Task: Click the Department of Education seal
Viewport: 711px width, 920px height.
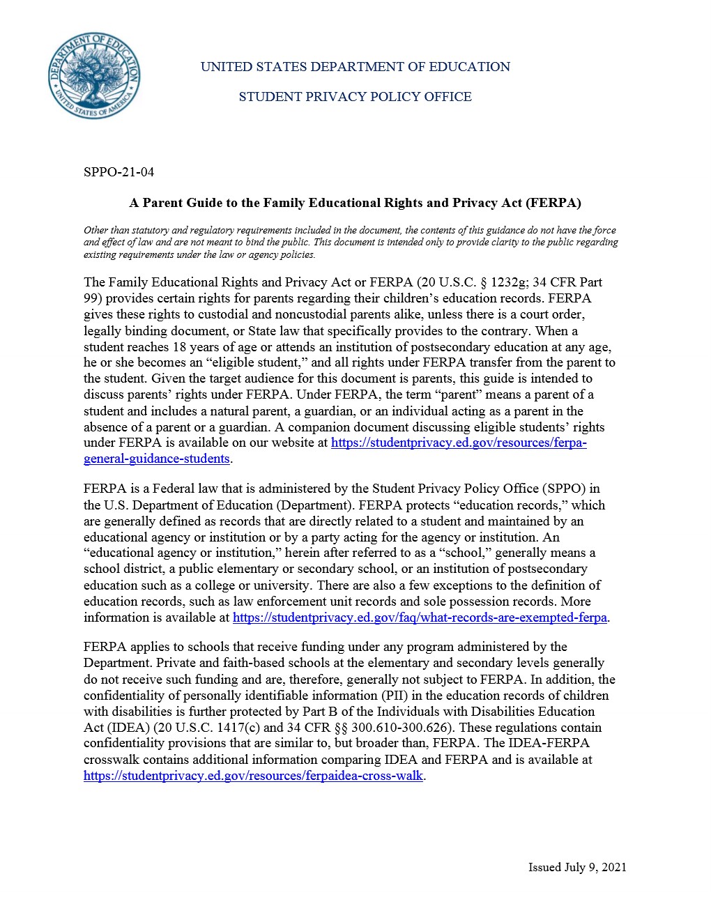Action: tap(94, 75)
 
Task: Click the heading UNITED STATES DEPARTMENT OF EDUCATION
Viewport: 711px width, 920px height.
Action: tap(355, 67)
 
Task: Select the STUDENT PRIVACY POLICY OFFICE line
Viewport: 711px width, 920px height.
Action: tap(355, 97)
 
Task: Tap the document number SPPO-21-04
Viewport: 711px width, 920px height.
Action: tap(118, 172)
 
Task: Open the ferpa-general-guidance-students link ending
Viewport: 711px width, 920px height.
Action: tap(157, 459)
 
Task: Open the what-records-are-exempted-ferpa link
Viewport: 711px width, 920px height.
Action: tap(420, 618)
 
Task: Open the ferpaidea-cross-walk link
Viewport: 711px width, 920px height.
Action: tap(253, 776)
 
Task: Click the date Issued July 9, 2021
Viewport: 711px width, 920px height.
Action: tap(577, 868)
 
